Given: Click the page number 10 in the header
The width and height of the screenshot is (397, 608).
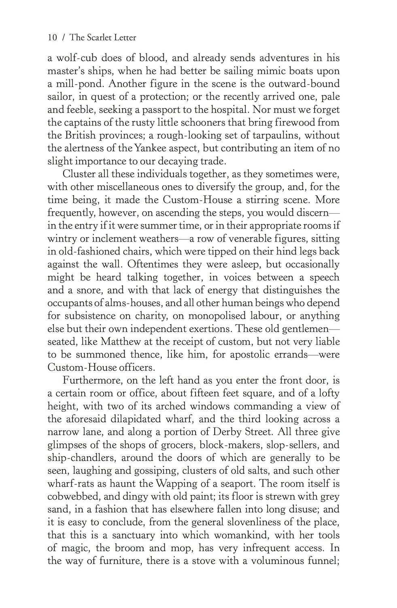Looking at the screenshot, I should pos(52,38).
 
